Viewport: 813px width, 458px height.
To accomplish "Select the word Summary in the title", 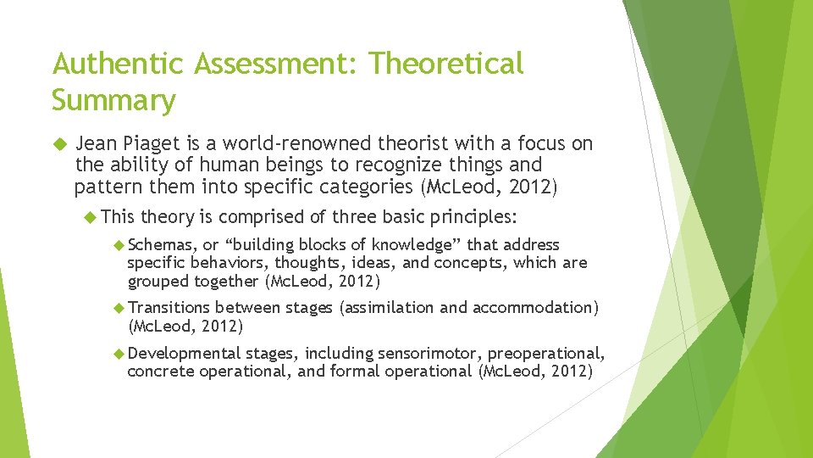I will pos(113,100).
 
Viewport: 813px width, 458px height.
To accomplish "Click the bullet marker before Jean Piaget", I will pos(58,144).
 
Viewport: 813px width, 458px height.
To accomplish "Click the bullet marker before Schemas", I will pos(119,245).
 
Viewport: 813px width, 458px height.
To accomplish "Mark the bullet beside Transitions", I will pos(119,308).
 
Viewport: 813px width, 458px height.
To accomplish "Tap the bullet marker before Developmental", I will pos(119,353).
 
